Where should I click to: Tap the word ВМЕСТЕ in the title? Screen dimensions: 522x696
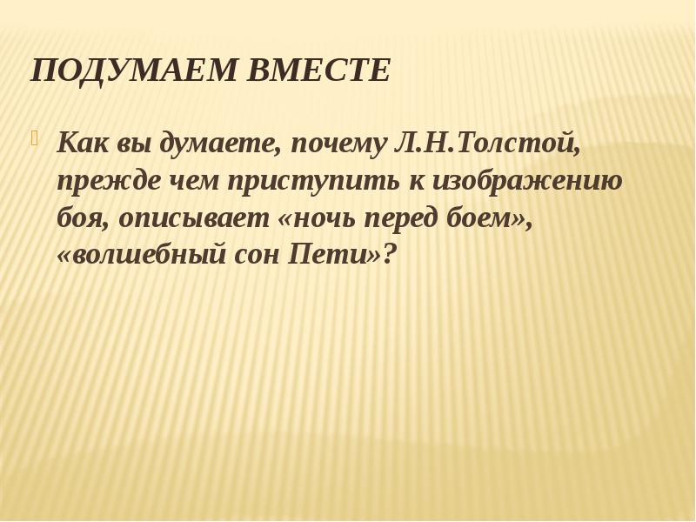(319, 71)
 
